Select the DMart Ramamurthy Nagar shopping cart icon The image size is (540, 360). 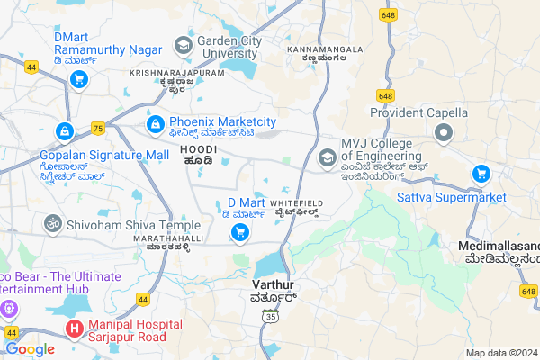click(78, 79)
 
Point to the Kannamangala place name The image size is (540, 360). click(325, 49)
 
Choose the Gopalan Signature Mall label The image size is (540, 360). click(104, 155)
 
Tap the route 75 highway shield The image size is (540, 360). click(97, 129)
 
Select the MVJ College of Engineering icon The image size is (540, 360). click(327, 158)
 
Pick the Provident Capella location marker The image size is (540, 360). click(443, 135)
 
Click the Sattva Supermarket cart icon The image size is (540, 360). click(481, 174)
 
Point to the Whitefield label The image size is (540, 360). click(297, 204)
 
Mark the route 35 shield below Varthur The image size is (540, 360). click(270, 315)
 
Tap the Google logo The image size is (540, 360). click(30, 349)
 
